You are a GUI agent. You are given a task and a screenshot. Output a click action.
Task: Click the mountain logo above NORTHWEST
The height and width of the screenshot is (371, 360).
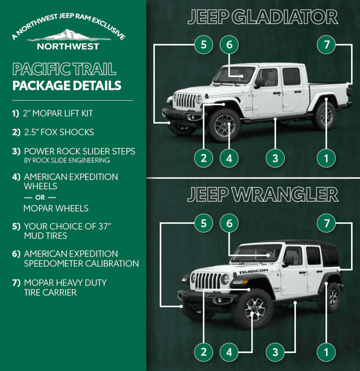(68, 35)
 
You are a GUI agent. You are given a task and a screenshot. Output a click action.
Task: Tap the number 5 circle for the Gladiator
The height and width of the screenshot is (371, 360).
(204, 44)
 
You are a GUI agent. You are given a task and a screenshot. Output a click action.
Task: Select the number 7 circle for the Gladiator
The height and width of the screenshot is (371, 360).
(326, 44)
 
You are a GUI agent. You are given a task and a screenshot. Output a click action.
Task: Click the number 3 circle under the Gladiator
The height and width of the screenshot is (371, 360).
(275, 158)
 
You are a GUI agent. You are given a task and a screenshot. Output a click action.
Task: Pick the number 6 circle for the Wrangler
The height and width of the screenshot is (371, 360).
(229, 223)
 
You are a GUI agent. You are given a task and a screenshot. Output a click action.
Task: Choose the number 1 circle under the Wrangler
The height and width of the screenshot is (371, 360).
(326, 352)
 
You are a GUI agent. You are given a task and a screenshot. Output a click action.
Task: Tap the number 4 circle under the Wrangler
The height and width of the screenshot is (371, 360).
(229, 352)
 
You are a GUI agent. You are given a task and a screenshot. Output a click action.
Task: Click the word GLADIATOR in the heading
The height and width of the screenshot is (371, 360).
(284, 17)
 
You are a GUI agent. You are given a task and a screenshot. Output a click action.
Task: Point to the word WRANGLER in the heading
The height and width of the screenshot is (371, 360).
(285, 194)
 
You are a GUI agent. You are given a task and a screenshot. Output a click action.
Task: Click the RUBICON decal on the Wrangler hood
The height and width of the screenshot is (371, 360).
(254, 271)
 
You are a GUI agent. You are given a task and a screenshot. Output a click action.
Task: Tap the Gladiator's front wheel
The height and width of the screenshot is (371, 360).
(224, 125)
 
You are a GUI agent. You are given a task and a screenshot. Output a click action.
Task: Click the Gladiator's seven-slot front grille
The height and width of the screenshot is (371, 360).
(185, 100)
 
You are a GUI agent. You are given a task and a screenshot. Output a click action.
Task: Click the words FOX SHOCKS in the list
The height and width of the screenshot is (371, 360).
(67, 132)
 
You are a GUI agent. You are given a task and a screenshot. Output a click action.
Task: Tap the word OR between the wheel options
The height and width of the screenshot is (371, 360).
(40, 197)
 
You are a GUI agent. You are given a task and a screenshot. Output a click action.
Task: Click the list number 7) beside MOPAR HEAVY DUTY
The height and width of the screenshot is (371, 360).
(16, 283)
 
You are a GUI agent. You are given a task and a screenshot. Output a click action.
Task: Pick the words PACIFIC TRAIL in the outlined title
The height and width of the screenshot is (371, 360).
(64, 69)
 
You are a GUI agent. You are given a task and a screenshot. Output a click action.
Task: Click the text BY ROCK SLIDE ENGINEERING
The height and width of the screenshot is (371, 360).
(67, 160)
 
